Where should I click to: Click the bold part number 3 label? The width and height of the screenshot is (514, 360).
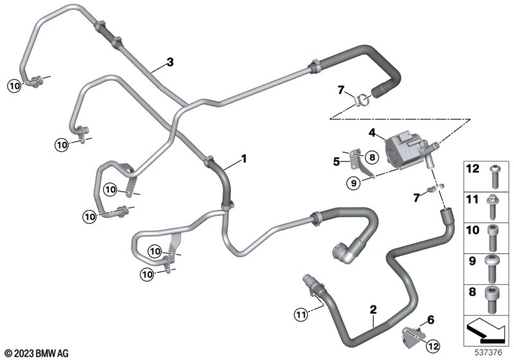[170, 62]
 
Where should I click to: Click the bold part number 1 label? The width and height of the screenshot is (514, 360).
[244, 159]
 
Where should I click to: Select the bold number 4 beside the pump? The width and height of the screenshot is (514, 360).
[372, 133]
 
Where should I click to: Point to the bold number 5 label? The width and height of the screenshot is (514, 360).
[336, 161]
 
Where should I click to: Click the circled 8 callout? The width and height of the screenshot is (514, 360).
[372, 157]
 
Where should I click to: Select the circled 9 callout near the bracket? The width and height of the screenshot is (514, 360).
[353, 183]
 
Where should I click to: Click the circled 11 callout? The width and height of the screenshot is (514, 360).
[301, 316]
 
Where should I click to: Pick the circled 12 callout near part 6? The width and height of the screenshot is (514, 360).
[432, 346]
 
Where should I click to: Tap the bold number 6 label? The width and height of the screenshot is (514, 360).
[430, 319]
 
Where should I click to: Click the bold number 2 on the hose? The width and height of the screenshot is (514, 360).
[373, 309]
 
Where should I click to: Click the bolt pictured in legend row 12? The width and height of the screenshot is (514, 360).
[494, 177]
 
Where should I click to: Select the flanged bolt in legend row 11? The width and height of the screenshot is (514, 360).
[493, 207]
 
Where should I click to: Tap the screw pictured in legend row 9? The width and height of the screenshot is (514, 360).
[492, 269]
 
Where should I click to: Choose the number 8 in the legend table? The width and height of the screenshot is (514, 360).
[472, 292]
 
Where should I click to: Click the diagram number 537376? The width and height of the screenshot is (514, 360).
[488, 353]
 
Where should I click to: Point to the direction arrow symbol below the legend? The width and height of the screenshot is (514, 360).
[486, 330]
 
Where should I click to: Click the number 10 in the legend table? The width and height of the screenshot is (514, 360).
[472, 230]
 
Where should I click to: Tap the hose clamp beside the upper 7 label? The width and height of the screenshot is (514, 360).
[362, 101]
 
